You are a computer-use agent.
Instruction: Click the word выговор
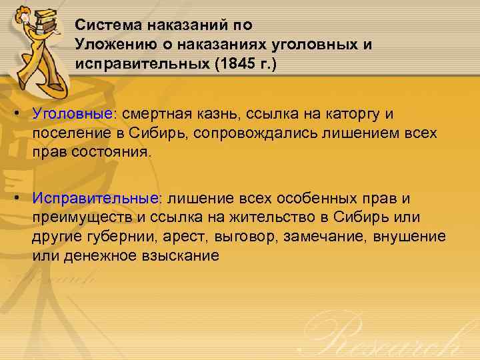click(x=250, y=237)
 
